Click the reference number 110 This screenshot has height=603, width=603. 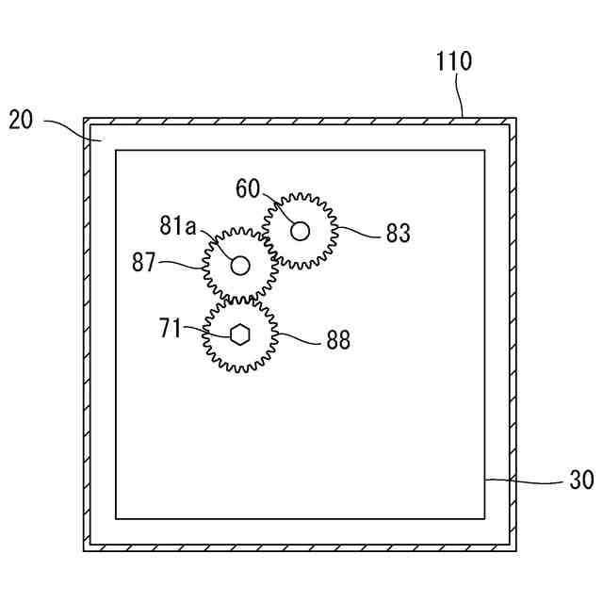tap(454, 62)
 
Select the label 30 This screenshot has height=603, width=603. tap(581, 481)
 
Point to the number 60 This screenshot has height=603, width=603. tap(248, 188)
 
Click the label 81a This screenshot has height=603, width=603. tap(178, 225)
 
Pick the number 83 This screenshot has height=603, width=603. tap(398, 233)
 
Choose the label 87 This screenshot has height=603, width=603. tap(143, 263)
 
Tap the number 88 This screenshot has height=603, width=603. tap(338, 340)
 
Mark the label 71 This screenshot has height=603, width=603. tap(170, 329)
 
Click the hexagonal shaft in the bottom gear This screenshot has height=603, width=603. tap(239, 334)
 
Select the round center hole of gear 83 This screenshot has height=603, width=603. tap(300, 230)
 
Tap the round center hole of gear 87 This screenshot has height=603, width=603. tap(240, 266)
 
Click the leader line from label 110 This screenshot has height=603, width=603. tap(460, 94)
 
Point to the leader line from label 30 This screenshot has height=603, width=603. tap(528, 481)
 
